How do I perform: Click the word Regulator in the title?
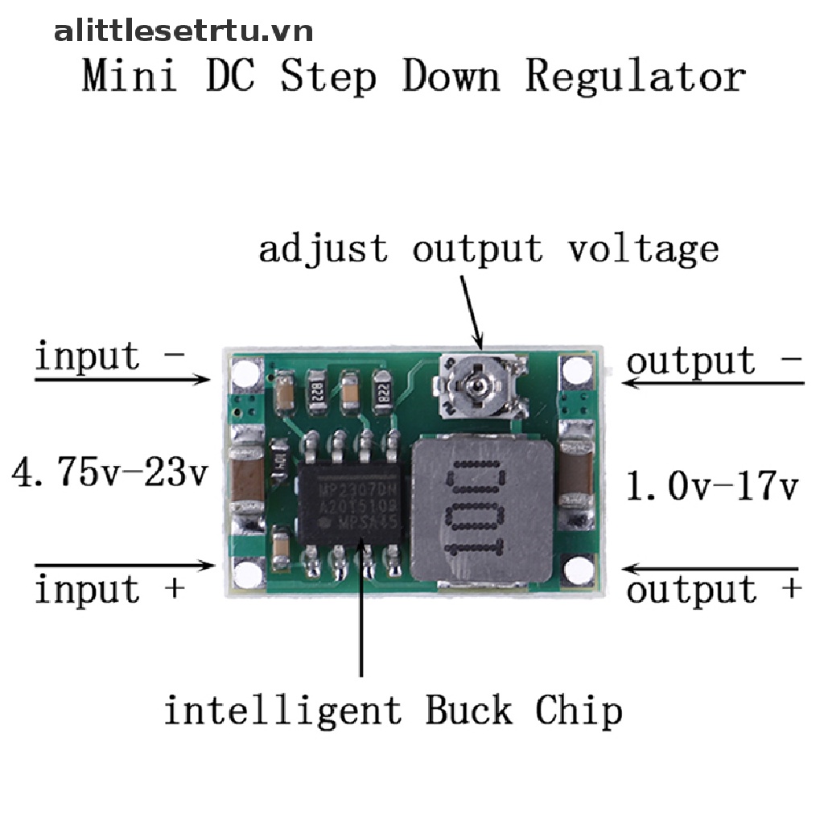coord(635,79)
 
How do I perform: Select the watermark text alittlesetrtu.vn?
coord(183,31)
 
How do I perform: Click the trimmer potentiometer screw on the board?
coord(475,387)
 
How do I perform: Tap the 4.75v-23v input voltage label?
coord(109,472)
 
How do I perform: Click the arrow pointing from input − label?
coord(121,378)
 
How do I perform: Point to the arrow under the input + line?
coord(121,564)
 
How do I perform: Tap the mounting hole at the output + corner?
coord(576,570)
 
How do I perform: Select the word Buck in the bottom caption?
coord(468,711)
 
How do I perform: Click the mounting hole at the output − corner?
coord(576,370)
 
